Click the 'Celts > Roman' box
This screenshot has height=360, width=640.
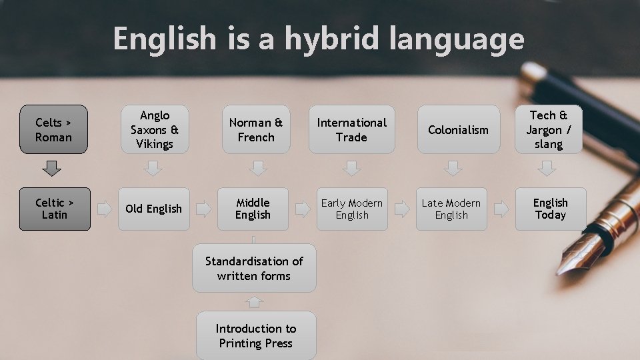click(54, 129)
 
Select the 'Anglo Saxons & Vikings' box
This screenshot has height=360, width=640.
click(154, 129)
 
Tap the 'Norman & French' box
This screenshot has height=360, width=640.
click(256, 129)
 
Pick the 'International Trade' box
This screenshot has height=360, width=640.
click(351, 129)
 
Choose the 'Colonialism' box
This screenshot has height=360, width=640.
click(458, 129)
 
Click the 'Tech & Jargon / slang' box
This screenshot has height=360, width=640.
click(548, 129)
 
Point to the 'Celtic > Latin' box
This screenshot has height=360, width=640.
click(55, 209)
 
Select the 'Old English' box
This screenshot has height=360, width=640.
click(153, 209)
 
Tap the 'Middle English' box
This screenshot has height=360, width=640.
click(253, 209)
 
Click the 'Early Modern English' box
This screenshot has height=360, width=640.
click(352, 209)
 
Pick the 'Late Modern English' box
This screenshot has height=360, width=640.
click(451, 209)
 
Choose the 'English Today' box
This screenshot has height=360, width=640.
click(550, 209)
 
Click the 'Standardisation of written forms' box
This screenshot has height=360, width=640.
click(254, 268)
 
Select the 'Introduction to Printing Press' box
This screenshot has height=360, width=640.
click(255, 335)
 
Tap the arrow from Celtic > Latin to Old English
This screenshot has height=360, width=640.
click(105, 209)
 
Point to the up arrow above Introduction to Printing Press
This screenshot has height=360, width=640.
click(254, 301)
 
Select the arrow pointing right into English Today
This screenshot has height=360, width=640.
click(501, 209)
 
